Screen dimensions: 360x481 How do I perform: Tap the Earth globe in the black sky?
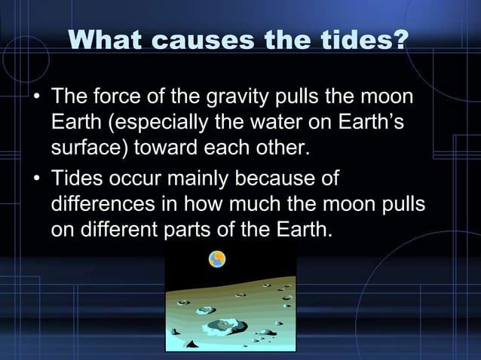pos(217,259)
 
